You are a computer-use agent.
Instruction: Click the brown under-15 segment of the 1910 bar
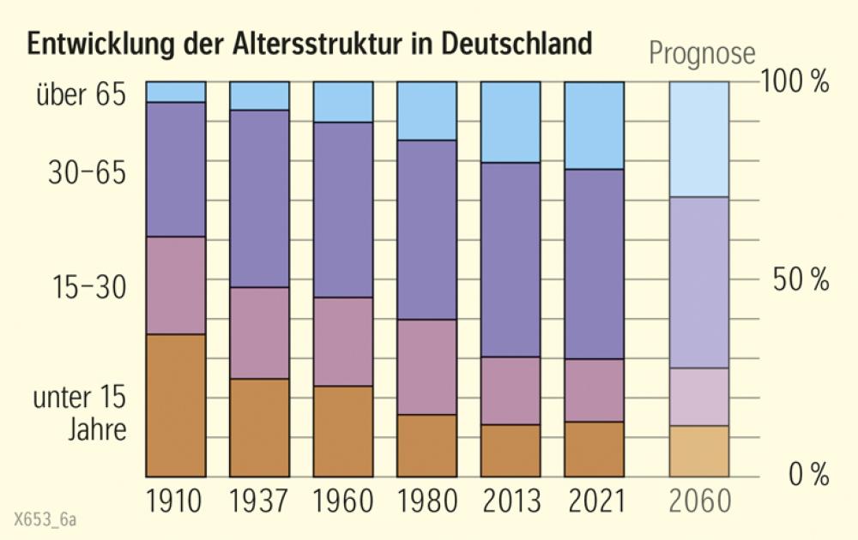(176, 405)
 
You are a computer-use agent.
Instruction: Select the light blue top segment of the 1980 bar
(426, 111)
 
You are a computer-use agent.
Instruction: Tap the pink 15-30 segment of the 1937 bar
(259, 333)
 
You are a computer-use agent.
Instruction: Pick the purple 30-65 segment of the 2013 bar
(511, 259)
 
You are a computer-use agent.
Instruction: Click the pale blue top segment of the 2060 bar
(698, 139)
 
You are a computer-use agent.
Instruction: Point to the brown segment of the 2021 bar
(594, 448)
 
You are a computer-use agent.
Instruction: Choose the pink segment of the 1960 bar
(343, 341)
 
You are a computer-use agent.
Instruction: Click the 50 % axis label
(798, 279)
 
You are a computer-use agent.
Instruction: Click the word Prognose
(702, 53)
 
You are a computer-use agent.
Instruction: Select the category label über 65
(81, 94)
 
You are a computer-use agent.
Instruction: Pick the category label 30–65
(87, 174)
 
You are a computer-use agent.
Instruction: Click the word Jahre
(97, 429)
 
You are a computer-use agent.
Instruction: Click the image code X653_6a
(45, 519)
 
